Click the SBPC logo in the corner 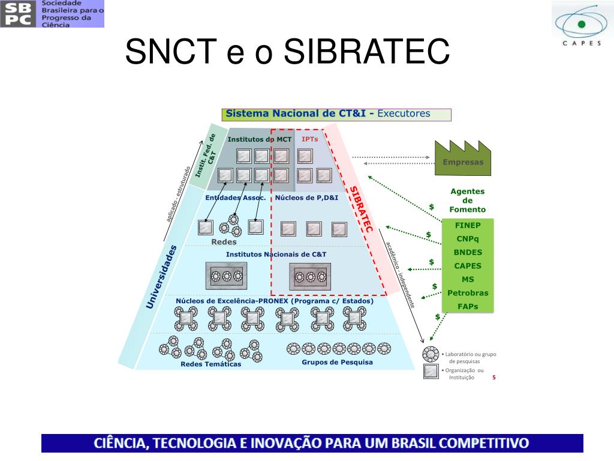click(x=52, y=14)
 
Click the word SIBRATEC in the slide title click(x=366, y=52)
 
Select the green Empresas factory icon click(x=459, y=158)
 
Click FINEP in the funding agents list click(x=468, y=226)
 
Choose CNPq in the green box click(x=468, y=239)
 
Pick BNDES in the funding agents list click(x=468, y=252)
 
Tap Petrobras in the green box click(x=468, y=293)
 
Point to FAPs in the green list click(x=468, y=306)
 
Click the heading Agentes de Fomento click(x=468, y=200)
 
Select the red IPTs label click(x=310, y=139)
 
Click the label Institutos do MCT click(x=260, y=139)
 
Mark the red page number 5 click(x=493, y=377)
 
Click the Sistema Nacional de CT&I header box click(x=336, y=114)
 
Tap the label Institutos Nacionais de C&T click(x=276, y=255)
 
